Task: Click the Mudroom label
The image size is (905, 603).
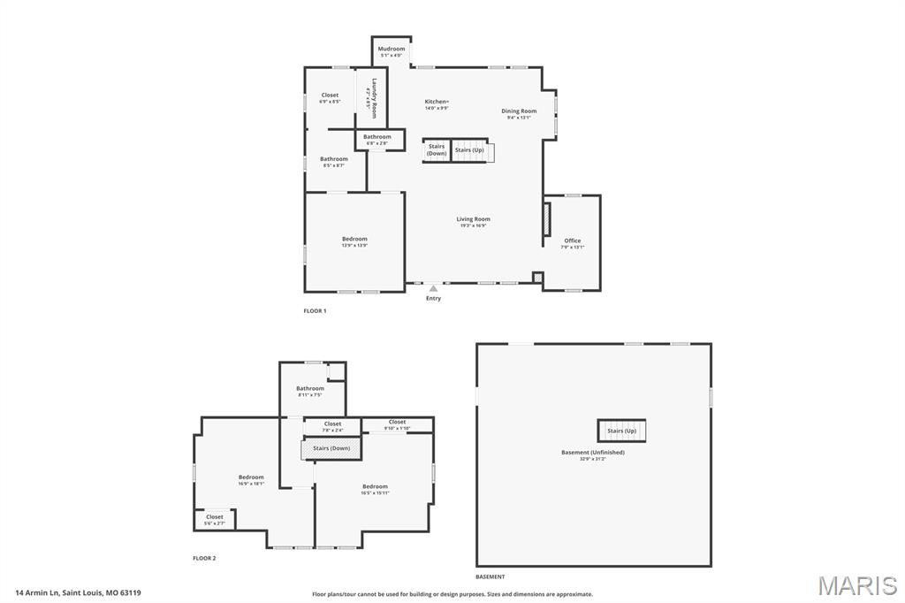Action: pyautogui.click(x=392, y=50)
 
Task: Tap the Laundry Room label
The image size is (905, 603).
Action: pyautogui.click(x=375, y=98)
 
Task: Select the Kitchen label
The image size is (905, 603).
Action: pyautogui.click(x=437, y=103)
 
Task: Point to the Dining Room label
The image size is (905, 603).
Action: pyautogui.click(x=519, y=112)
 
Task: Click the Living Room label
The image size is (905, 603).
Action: pyautogui.click(x=473, y=220)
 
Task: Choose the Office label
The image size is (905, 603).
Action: pyautogui.click(x=573, y=241)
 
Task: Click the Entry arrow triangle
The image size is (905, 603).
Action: pyautogui.click(x=433, y=288)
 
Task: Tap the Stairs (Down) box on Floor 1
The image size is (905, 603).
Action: pyautogui.click(x=437, y=150)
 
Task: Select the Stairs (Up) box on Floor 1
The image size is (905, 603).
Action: pyautogui.click(x=470, y=150)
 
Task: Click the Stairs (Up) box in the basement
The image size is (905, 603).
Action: pyautogui.click(x=621, y=431)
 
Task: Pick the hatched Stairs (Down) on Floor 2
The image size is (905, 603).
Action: pyautogui.click(x=331, y=448)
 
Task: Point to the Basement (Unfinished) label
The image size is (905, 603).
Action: pyautogui.click(x=593, y=454)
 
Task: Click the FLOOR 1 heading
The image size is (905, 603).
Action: pyautogui.click(x=315, y=311)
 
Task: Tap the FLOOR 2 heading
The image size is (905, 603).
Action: pyautogui.click(x=204, y=558)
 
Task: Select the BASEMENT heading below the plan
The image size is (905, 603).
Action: pyautogui.click(x=491, y=576)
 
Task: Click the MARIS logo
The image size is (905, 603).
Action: pyautogui.click(x=857, y=585)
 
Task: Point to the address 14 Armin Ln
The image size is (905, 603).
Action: pyautogui.click(x=78, y=592)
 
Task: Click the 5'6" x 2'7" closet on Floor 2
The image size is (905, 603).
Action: pyautogui.click(x=215, y=519)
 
